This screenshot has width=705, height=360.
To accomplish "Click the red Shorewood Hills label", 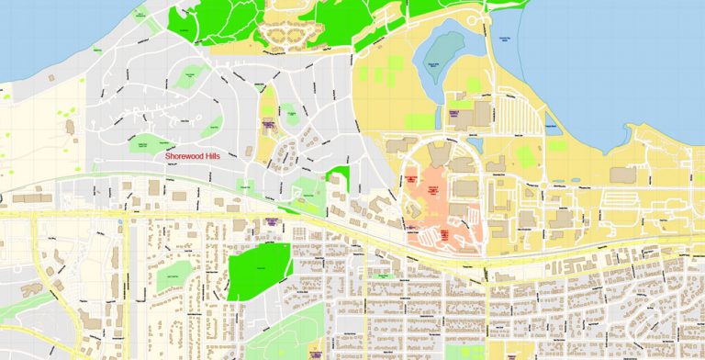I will pyautogui.click(x=197, y=156).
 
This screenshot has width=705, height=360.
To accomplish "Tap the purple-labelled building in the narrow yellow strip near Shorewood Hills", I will pyautogui.click(x=268, y=124).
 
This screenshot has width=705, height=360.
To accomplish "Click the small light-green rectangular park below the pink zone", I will pyautogui.click(x=382, y=275).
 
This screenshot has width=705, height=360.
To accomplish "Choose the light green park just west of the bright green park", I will pyautogui.click(x=173, y=275).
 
